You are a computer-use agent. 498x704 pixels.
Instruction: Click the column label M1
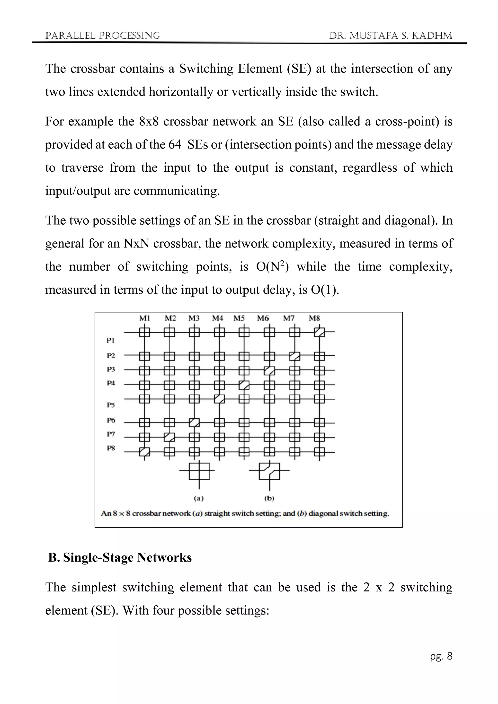point(144,318)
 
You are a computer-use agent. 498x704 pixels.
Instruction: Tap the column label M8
point(314,318)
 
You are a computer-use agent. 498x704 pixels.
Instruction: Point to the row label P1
point(111,340)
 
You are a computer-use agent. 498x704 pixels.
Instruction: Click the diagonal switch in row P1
point(319,332)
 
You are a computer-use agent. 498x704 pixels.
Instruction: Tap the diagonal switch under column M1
point(144,452)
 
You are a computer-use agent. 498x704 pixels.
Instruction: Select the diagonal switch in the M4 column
point(219,399)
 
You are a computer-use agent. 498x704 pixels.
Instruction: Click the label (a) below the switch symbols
point(199,498)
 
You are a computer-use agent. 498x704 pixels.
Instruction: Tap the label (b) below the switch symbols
point(269,498)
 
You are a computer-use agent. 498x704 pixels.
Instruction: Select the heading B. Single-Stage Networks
point(120,557)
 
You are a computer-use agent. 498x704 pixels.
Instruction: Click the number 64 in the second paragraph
point(175,144)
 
